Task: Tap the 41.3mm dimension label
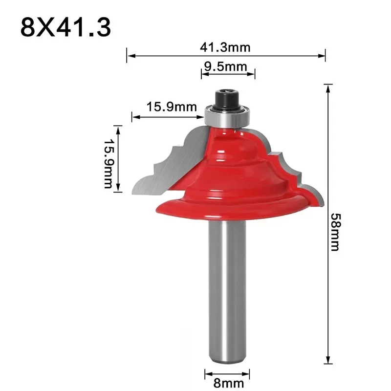point(225,48)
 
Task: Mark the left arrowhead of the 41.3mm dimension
point(129,55)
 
